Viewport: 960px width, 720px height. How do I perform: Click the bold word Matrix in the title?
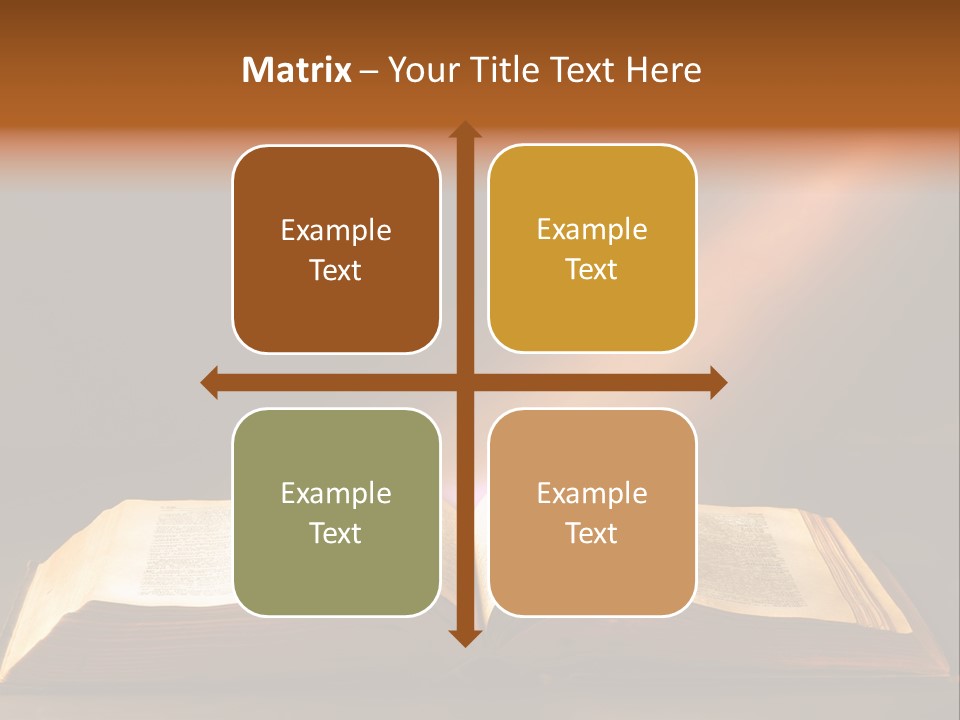297,70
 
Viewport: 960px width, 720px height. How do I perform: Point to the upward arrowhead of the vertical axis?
464,130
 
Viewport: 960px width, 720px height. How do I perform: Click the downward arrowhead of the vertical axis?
464,637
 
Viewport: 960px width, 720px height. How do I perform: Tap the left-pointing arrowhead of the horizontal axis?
210,382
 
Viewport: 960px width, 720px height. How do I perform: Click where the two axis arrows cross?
464,382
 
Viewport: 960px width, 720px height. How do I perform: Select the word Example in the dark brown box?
336,231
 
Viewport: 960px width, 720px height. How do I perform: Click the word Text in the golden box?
592,270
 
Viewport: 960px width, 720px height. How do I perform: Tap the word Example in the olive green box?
336,493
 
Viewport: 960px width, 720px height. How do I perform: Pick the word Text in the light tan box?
592,533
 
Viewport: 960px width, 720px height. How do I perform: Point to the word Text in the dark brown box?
336,271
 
